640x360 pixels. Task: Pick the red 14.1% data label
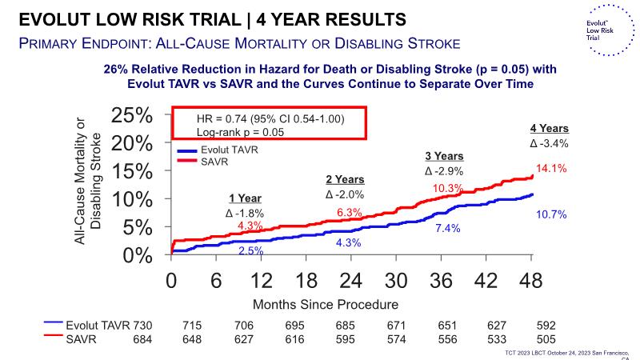[x=552, y=168]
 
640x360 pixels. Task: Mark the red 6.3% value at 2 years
[x=350, y=212]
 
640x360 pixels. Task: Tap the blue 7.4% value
[x=448, y=229]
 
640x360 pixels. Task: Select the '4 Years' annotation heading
[x=549, y=128]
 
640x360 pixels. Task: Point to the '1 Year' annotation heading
[x=245, y=198]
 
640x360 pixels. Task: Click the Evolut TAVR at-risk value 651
[x=448, y=326]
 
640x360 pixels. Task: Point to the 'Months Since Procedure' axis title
[x=326, y=305]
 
